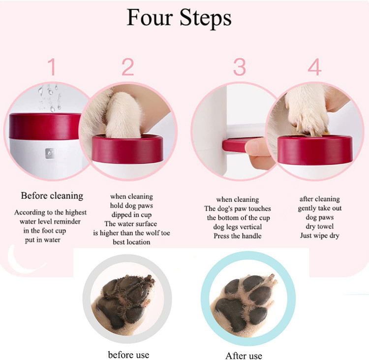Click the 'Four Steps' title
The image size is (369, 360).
pyautogui.click(x=179, y=18)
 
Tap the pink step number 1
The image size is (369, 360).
pyautogui.click(x=52, y=66)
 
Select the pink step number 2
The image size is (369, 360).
pyautogui.click(x=128, y=66)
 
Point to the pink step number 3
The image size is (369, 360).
pyautogui.click(x=240, y=66)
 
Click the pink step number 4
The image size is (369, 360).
pyautogui.click(x=315, y=66)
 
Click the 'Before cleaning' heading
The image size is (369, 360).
pyautogui.click(x=52, y=196)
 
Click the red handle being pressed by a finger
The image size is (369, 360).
pyautogui.click(x=238, y=144)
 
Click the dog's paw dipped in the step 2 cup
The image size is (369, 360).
pyautogui.click(x=123, y=115)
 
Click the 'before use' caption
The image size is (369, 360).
pyautogui.click(x=128, y=355)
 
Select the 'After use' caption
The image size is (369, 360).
pyautogui.click(x=244, y=356)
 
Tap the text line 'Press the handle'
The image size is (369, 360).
pyautogui.click(x=238, y=236)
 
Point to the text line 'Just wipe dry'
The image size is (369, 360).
pyautogui.click(x=320, y=235)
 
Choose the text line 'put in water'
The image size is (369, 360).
pyautogui.click(x=43, y=240)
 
